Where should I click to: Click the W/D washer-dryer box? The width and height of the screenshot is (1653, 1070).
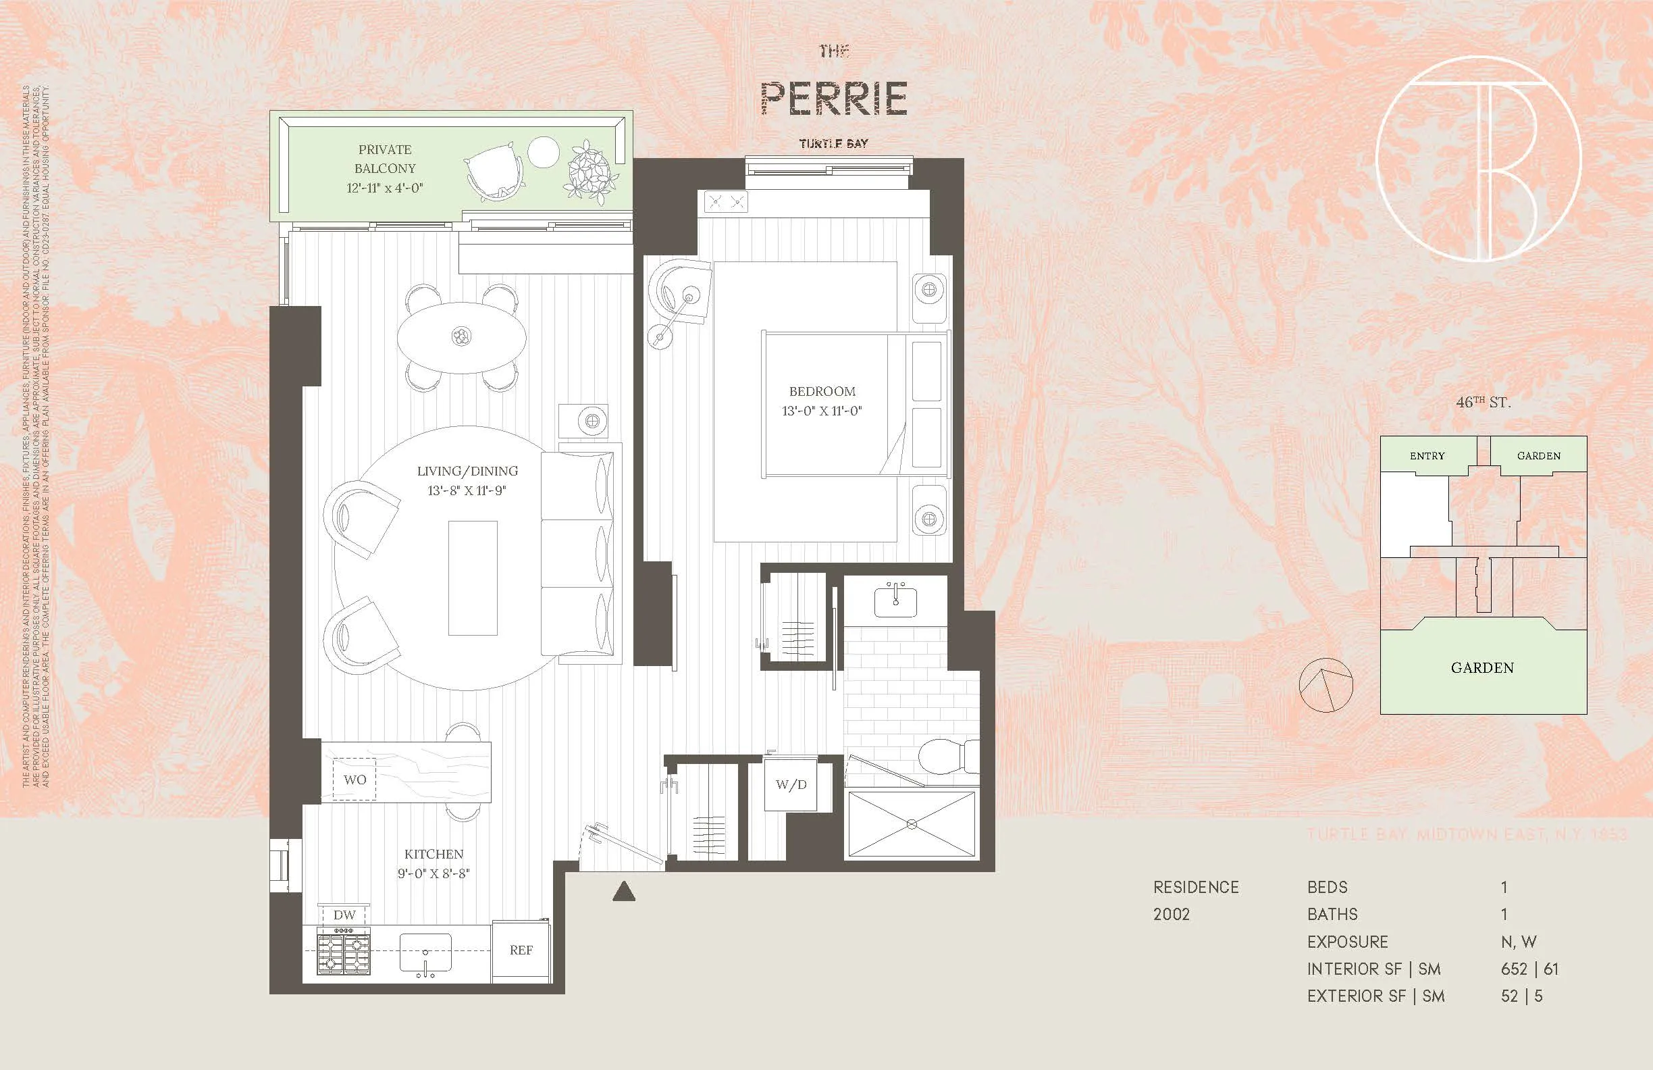click(791, 785)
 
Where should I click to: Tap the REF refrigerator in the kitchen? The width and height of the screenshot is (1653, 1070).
click(521, 950)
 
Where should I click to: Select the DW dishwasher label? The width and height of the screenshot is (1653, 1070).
click(344, 915)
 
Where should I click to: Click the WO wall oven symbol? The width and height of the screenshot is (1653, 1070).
click(355, 780)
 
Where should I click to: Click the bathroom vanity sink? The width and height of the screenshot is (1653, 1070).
click(895, 601)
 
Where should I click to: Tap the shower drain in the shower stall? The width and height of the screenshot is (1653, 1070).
click(912, 824)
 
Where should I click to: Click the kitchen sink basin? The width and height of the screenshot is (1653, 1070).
click(425, 952)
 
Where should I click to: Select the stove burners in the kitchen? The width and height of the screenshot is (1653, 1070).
click(344, 952)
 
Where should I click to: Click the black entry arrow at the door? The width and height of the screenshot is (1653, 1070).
click(624, 892)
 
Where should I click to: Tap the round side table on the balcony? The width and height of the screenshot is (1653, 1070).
click(543, 152)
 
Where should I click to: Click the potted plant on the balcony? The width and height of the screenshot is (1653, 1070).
click(592, 173)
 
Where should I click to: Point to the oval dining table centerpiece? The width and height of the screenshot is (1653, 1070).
click(461, 337)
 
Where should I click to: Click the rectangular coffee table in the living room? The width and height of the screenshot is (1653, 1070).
click(472, 578)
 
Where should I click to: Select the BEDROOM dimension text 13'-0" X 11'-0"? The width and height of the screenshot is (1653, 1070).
click(822, 411)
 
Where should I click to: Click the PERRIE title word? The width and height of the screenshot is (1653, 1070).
click(833, 99)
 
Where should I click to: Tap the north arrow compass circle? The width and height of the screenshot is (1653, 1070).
click(1326, 685)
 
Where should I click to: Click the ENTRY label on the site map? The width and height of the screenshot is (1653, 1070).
click(1427, 456)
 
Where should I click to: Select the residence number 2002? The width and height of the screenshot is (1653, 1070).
click(1171, 915)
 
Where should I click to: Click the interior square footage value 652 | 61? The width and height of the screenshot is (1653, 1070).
click(1529, 969)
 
